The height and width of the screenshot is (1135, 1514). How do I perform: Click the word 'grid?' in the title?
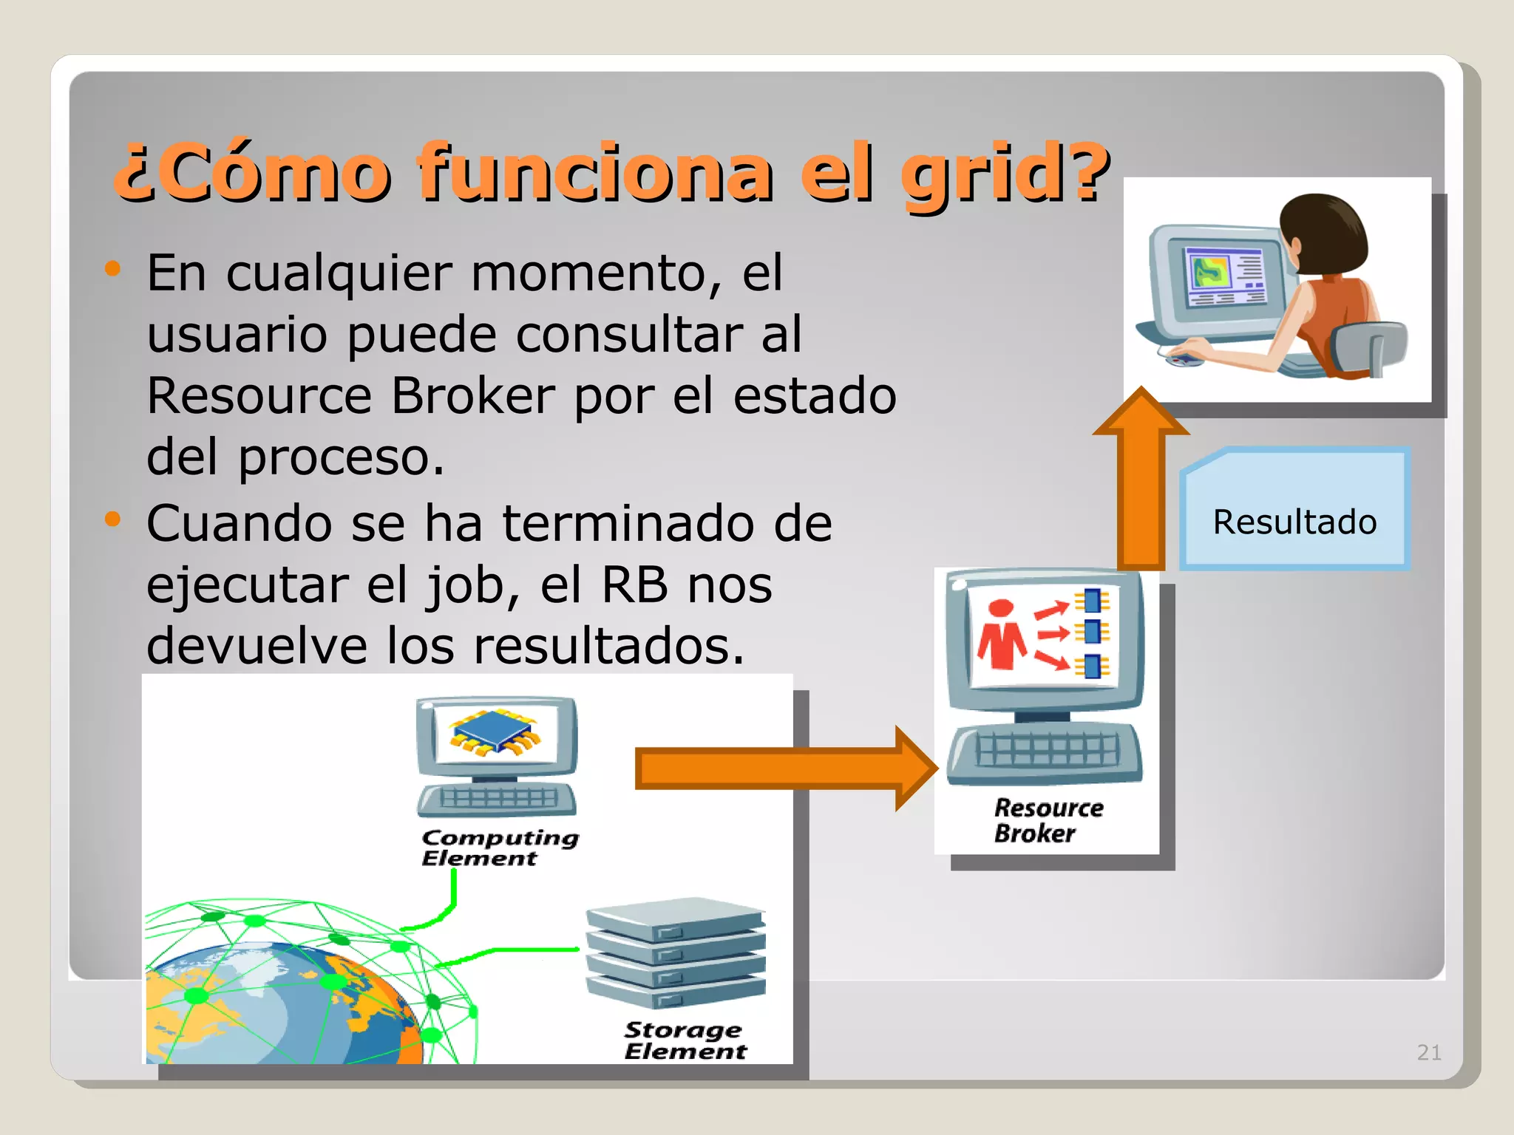1005,174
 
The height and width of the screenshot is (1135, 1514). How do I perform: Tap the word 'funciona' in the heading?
595,174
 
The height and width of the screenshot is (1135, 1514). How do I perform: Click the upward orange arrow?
1141,480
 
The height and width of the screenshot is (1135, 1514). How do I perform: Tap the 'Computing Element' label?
499,848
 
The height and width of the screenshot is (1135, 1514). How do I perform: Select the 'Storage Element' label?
684,1040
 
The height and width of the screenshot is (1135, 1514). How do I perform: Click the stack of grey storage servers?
675,953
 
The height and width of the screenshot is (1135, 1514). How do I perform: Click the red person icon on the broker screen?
1001,635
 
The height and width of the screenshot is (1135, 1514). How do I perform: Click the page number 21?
1428,1052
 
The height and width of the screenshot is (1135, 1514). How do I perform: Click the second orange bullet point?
112,519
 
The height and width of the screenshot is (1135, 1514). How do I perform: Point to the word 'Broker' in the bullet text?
472,395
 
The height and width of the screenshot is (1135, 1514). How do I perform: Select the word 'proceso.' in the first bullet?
341,458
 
